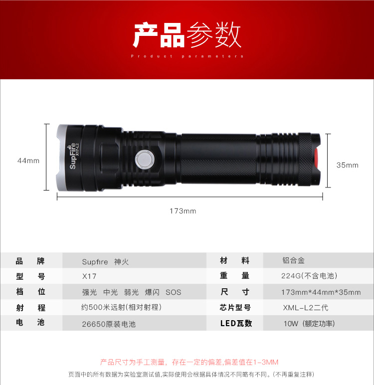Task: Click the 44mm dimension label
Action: click(28, 161)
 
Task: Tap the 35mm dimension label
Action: click(347, 165)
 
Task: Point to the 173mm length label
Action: click(183, 211)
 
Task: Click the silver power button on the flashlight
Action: click(145, 160)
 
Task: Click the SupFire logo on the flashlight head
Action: click(73, 156)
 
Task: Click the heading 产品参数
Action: click(187, 35)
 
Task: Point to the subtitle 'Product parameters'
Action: click(187, 56)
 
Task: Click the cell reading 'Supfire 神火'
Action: click(105, 262)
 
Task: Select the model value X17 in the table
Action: click(89, 276)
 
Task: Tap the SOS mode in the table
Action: click(174, 292)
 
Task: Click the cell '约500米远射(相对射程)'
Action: click(121, 307)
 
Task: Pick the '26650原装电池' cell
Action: click(109, 324)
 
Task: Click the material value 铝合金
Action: click(293, 260)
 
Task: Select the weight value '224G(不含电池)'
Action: click(309, 276)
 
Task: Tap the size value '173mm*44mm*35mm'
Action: click(321, 292)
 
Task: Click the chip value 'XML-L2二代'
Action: click(306, 308)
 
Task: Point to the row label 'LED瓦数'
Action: click(236, 323)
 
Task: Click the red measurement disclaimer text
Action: click(189, 362)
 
